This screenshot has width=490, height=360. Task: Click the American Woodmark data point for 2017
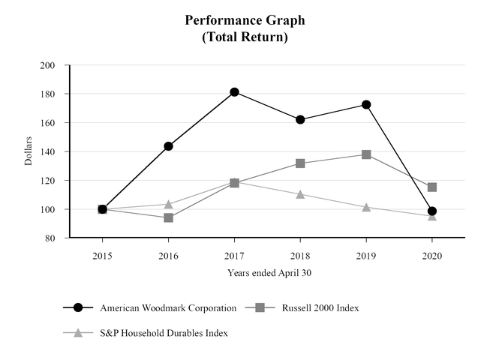coord(234,92)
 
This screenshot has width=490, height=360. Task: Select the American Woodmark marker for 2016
coord(168,146)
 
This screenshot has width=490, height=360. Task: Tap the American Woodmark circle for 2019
coord(366,104)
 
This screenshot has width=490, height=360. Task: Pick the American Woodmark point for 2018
coord(300,119)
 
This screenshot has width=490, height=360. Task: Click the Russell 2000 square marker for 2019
coord(366,154)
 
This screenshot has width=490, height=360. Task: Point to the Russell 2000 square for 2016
coord(168,217)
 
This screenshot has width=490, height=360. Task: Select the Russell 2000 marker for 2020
coord(432,187)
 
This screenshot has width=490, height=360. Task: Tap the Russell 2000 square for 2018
coord(300,163)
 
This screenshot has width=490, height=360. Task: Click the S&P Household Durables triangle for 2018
coord(300,194)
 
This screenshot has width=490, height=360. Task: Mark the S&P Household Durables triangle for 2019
coord(366,207)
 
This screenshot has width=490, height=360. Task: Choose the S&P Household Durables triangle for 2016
coord(168,204)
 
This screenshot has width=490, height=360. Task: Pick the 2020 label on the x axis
coord(432,255)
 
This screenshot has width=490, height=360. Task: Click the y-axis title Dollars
coord(28,151)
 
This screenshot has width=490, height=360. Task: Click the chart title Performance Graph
coord(245,20)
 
